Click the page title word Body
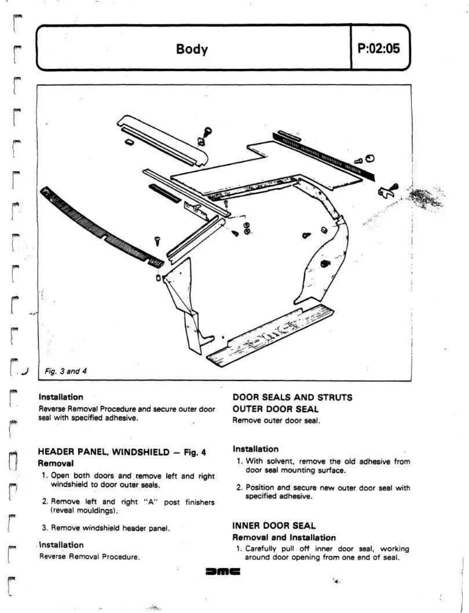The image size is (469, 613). [191, 49]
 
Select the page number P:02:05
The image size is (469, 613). [378, 48]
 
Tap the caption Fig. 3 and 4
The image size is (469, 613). [66, 371]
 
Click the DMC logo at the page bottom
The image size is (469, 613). [223, 571]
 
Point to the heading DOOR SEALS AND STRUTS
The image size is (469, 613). [292, 397]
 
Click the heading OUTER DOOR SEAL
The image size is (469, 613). [275, 409]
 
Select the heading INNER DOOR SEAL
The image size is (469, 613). [274, 525]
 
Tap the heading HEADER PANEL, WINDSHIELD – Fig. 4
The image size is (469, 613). [122, 452]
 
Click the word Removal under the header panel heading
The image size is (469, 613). [56, 463]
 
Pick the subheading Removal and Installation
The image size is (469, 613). [284, 537]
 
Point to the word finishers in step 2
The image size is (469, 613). [200, 502]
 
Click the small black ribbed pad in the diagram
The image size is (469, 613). [164, 193]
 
